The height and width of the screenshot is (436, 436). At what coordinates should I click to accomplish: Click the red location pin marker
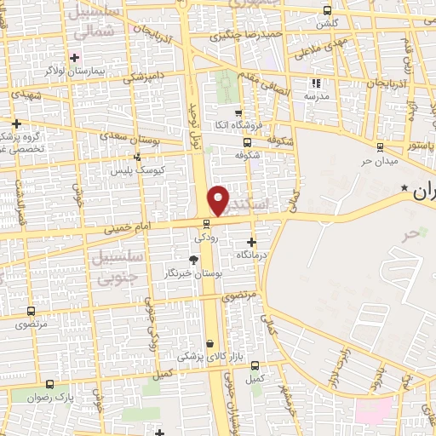[219, 199]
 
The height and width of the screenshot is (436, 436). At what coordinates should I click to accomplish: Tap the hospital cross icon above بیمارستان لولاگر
[75, 58]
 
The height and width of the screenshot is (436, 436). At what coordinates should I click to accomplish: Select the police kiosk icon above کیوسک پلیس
[137, 157]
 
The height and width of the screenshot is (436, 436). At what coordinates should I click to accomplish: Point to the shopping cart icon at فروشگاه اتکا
[238, 113]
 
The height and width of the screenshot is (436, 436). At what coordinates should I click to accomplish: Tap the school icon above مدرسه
[316, 83]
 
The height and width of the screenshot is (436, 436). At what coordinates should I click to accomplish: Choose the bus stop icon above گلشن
[329, 12]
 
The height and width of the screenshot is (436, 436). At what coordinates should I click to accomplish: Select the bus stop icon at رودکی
[205, 224]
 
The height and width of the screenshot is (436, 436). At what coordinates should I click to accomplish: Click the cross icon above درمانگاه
[250, 242]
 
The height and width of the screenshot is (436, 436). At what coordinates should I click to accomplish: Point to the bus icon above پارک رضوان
[49, 385]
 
